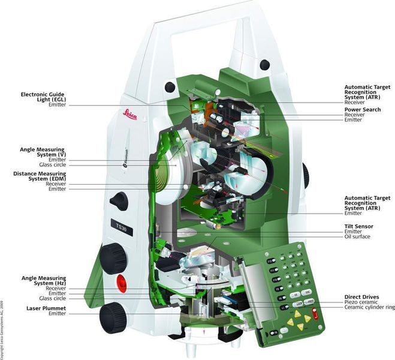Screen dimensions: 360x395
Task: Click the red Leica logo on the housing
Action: pyautogui.click(x=130, y=114)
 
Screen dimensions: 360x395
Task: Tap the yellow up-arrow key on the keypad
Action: pyautogui.click(x=298, y=314)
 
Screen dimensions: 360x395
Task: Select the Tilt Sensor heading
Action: pyautogui.click(x=360, y=226)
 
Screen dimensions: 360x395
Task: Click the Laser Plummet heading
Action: pyautogui.click(x=46, y=308)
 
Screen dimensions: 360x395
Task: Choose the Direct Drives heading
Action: pyautogui.click(x=361, y=296)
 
